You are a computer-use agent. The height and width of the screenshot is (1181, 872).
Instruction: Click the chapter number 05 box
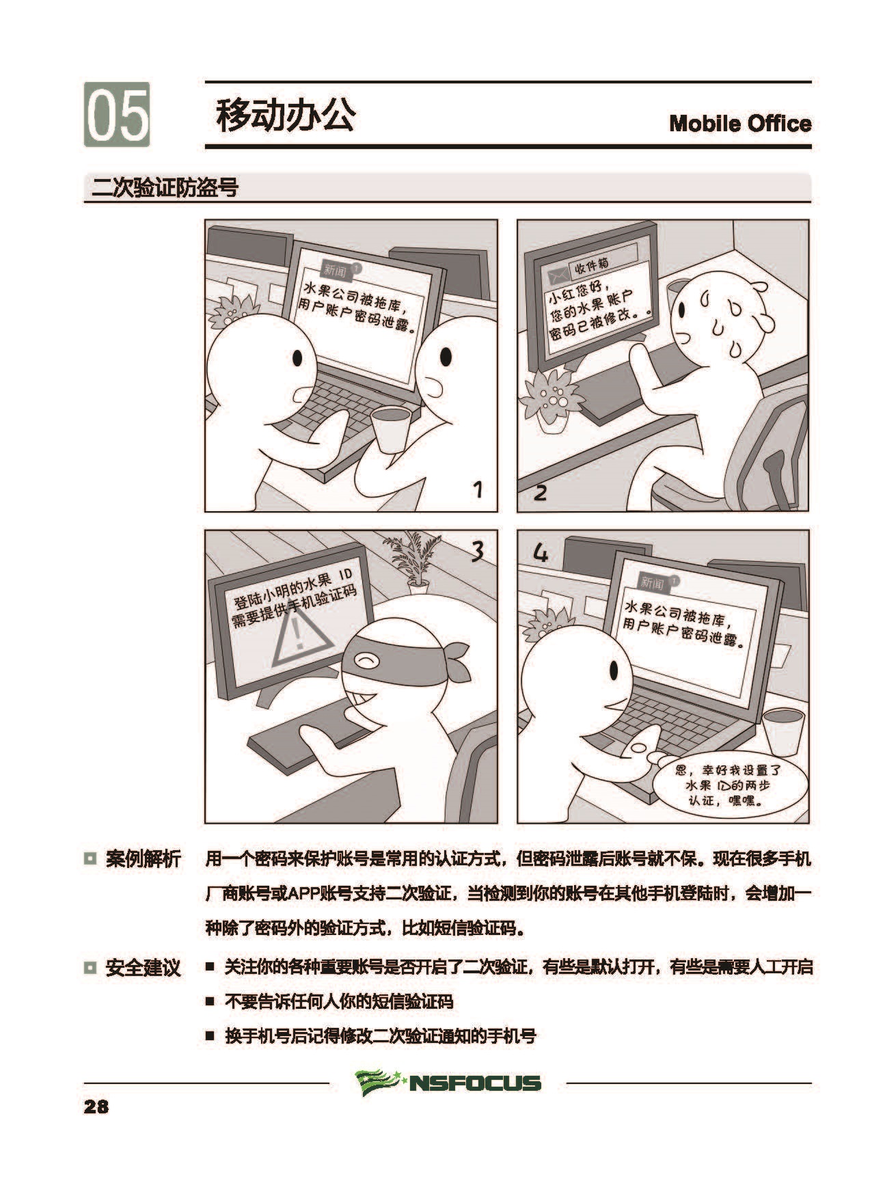pyautogui.click(x=117, y=114)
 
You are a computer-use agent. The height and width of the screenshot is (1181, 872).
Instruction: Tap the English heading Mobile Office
pyautogui.click(x=740, y=124)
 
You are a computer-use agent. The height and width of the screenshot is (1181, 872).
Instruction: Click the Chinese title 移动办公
pyautogui.click(x=285, y=115)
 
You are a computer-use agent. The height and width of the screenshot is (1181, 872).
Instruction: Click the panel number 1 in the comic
pyautogui.click(x=478, y=489)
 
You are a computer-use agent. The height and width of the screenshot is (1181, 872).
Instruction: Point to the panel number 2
pyautogui.click(x=540, y=492)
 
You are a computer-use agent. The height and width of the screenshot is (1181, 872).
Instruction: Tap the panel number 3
pyautogui.click(x=478, y=551)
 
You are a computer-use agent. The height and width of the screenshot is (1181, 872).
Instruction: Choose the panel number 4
pyautogui.click(x=540, y=552)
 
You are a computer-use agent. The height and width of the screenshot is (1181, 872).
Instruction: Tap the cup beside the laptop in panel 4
pyautogui.click(x=784, y=732)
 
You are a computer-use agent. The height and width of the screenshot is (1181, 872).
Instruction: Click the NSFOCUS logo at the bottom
pyautogui.click(x=448, y=1083)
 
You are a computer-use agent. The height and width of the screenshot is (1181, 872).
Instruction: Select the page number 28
pyautogui.click(x=96, y=1107)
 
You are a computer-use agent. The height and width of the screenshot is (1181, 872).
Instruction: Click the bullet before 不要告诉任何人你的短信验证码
pyautogui.click(x=210, y=1002)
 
